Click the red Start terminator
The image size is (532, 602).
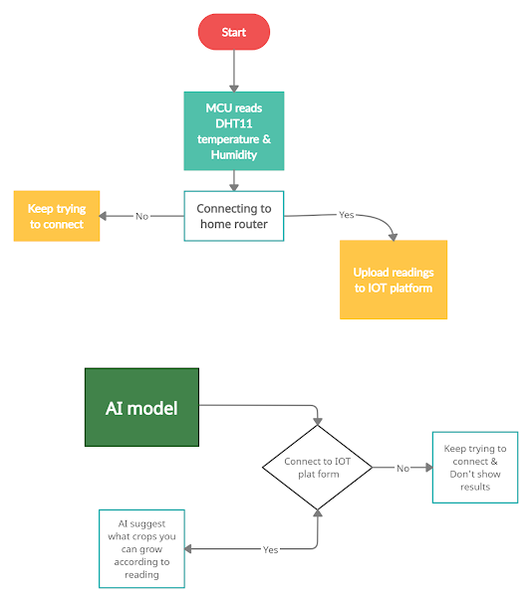[x=234, y=32]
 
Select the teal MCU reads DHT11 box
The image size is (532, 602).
[x=234, y=130]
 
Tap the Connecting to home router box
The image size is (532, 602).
[x=234, y=216]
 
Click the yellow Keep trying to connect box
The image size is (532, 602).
[x=57, y=216]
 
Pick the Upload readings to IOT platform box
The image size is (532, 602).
[x=394, y=280]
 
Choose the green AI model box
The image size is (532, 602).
[x=141, y=407]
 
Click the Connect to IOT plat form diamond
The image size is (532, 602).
[x=318, y=467]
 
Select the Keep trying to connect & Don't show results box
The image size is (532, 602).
[x=475, y=468]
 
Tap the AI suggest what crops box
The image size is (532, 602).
[x=142, y=548]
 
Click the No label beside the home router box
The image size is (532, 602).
[x=141, y=216]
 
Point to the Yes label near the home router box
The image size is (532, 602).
[x=347, y=215]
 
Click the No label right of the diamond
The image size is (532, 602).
[x=402, y=468]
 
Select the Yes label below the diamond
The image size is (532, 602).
[x=270, y=549]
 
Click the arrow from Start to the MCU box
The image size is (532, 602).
[x=234, y=70]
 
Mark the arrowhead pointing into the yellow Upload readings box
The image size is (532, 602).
[x=394, y=236]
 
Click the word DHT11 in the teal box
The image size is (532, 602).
[x=234, y=123]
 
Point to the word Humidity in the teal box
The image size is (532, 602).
[x=234, y=154]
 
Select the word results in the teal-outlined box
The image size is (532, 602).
[x=475, y=487]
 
